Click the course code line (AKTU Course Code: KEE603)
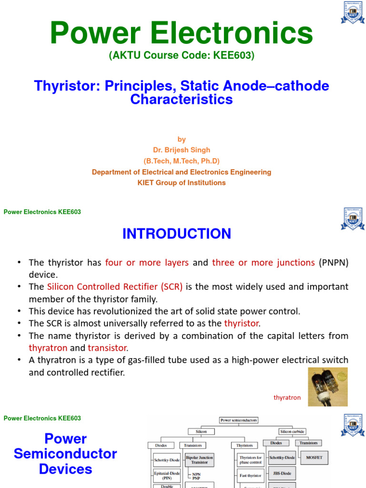point(182,56)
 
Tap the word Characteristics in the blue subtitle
point(182,99)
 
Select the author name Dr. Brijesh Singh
point(182,150)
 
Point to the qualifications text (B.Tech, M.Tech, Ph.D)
point(182,161)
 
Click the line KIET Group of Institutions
point(182,183)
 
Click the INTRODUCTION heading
point(177,234)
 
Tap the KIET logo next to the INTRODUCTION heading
point(352,219)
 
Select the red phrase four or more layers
point(147,263)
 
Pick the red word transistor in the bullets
point(108,348)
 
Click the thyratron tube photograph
point(327,386)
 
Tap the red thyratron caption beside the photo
point(287,397)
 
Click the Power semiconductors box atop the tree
point(238,420)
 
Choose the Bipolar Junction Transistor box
point(199,460)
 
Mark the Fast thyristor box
point(250,475)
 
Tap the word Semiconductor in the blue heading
point(65,454)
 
